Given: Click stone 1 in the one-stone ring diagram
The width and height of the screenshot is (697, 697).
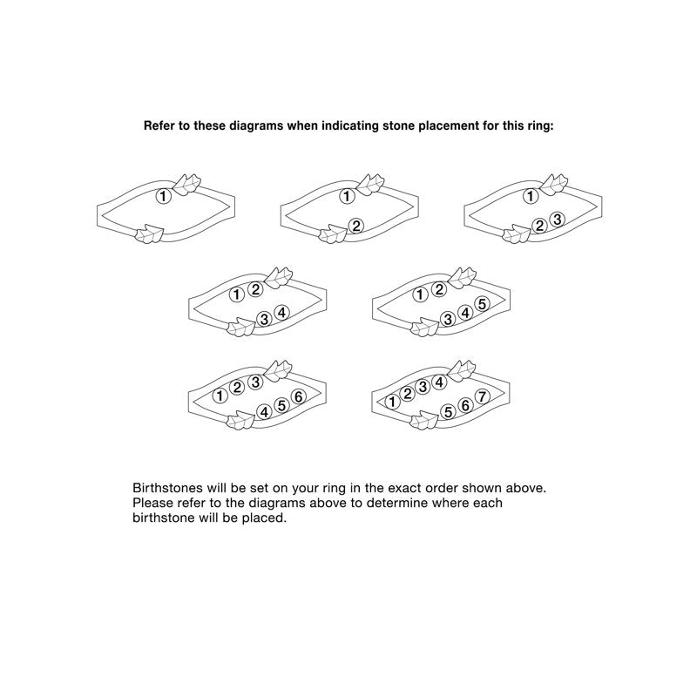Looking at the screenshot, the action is [163, 196].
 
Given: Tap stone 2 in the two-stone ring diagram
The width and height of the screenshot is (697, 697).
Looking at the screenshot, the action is [356, 226].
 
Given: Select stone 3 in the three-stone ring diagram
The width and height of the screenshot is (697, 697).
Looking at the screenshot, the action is [557, 220].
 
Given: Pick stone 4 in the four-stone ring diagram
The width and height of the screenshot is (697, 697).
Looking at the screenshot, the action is [281, 313].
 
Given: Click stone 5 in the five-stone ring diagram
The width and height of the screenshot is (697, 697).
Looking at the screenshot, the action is [483, 304].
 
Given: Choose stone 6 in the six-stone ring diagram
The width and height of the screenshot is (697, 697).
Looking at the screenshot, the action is [299, 396].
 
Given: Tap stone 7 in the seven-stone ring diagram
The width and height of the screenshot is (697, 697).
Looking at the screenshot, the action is [483, 396].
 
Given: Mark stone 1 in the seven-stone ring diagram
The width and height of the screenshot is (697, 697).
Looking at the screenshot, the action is [391, 402].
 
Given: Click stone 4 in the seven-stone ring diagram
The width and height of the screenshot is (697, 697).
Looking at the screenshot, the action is [439, 382].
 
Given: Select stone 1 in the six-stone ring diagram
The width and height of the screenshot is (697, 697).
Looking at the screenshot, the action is [220, 396].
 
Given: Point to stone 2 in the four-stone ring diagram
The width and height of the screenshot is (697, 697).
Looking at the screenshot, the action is [255, 290].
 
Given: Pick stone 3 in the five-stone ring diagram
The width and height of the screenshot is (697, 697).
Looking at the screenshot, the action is [448, 319].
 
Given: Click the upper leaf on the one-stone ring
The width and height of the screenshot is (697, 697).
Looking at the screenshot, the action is [186, 184].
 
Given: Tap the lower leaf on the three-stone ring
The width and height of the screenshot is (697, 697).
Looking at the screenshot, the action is [516, 234].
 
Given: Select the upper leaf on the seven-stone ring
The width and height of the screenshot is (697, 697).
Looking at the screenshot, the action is [462, 370].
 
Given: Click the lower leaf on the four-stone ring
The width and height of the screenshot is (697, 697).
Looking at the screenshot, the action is [240, 328].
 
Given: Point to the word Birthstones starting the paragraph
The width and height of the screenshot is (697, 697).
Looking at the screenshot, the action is [167, 488].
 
